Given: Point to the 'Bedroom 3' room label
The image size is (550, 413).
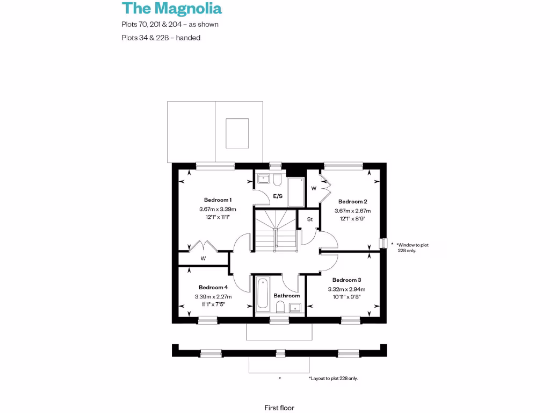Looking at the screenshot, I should pyautogui.click(x=346, y=280).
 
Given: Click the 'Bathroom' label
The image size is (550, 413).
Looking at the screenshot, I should pyautogui.click(x=286, y=296).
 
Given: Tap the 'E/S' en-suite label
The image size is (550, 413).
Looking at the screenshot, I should pyautogui.click(x=278, y=196).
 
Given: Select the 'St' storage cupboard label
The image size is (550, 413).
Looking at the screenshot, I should pyautogui.click(x=310, y=219).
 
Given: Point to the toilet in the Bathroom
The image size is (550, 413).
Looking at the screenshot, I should pyautogui.click(x=280, y=307).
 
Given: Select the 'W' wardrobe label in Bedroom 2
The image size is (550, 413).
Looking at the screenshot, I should pyautogui.click(x=314, y=188).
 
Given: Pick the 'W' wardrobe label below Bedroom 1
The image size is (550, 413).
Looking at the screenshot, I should pyautogui.click(x=204, y=259).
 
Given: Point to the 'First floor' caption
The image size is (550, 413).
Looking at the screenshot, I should pyautogui.click(x=279, y=408).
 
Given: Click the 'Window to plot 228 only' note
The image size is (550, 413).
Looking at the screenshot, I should pyautogui.click(x=412, y=248).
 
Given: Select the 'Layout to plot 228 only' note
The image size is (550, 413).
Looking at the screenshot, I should pyautogui.click(x=333, y=379).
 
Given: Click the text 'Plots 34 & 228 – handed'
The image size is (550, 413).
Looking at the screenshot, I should pyautogui.click(x=161, y=38).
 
